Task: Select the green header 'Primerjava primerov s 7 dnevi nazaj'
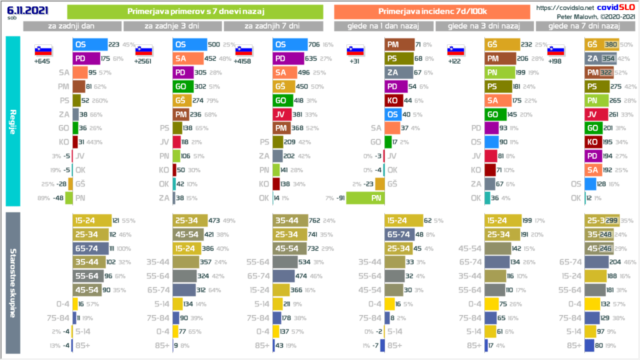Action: (x=194, y=11)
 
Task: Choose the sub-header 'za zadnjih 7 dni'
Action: (x=272, y=26)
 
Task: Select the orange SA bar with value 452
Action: (x=186, y=59)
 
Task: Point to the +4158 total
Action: (x=244, y=61)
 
